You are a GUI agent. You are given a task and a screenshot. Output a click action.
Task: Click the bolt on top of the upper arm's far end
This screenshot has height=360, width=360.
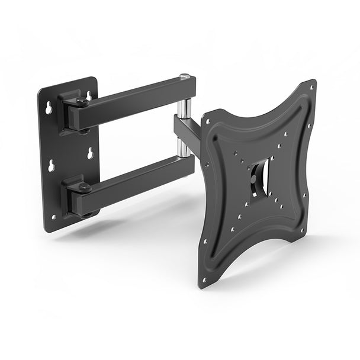pyautogui.click(x=185, y=76)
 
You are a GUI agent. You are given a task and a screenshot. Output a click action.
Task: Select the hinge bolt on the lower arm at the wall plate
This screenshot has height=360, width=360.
pyautogui.click(x=83, y=187)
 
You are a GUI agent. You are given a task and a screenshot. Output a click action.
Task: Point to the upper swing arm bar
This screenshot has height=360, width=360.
pyautogui.click(x=130, y=101)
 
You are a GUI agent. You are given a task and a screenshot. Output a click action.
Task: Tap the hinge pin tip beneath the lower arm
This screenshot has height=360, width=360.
pyautogui.click(x=86, y=215)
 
